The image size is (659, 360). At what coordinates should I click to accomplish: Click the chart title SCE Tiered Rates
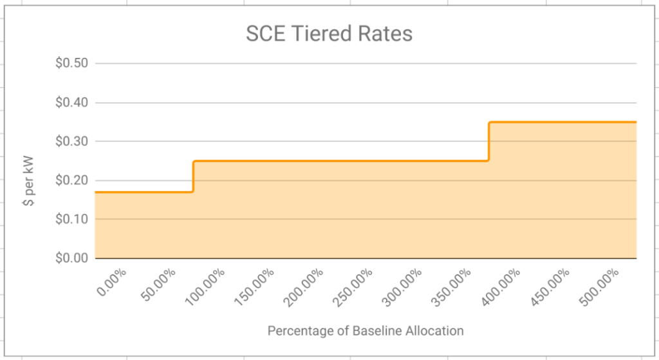point(329,33)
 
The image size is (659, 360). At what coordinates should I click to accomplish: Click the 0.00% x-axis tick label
point(112,282)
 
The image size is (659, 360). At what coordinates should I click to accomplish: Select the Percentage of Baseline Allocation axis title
point(366,331)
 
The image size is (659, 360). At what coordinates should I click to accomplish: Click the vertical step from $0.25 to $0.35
point(488,141)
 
